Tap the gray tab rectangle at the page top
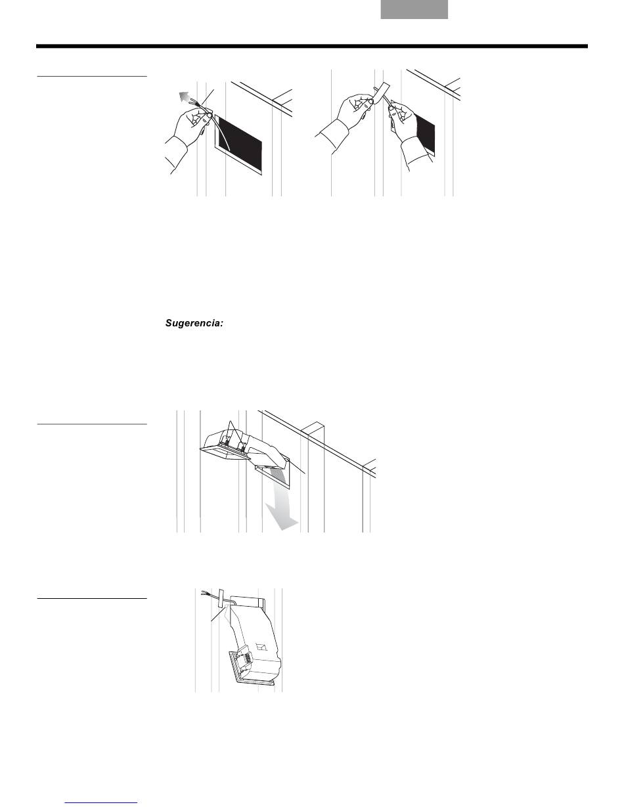(x=414, y=9)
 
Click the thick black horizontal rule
(x=312, y=47)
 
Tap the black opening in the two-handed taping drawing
(x=426, y=134)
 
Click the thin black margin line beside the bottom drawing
(x=92, y=599)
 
